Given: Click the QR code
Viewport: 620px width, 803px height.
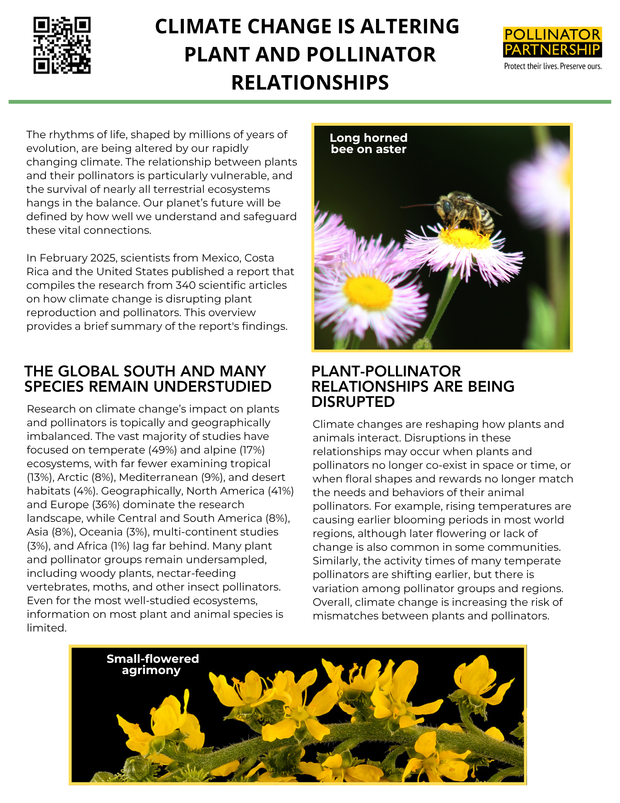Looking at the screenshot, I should click(x=62, y=45).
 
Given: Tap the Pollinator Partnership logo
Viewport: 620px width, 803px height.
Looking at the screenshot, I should click(x=552, y=42).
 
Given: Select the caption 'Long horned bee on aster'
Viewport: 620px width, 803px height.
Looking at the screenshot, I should click(x=368, y=143).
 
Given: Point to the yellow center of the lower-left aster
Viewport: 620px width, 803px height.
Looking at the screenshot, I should click(x=367, y=292).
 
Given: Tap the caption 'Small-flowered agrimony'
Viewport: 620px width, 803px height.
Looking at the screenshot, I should click(x=152, y=664).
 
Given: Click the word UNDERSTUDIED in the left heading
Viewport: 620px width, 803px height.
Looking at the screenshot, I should click(x=212, y=386).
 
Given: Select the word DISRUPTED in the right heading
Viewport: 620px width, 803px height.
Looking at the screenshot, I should click(x=353, y=402).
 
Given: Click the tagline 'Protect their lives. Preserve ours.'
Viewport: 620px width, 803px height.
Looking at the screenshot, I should click(x=553, y=66).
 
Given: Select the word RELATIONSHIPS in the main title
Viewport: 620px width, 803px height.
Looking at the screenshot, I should click(x=310, y=82).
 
